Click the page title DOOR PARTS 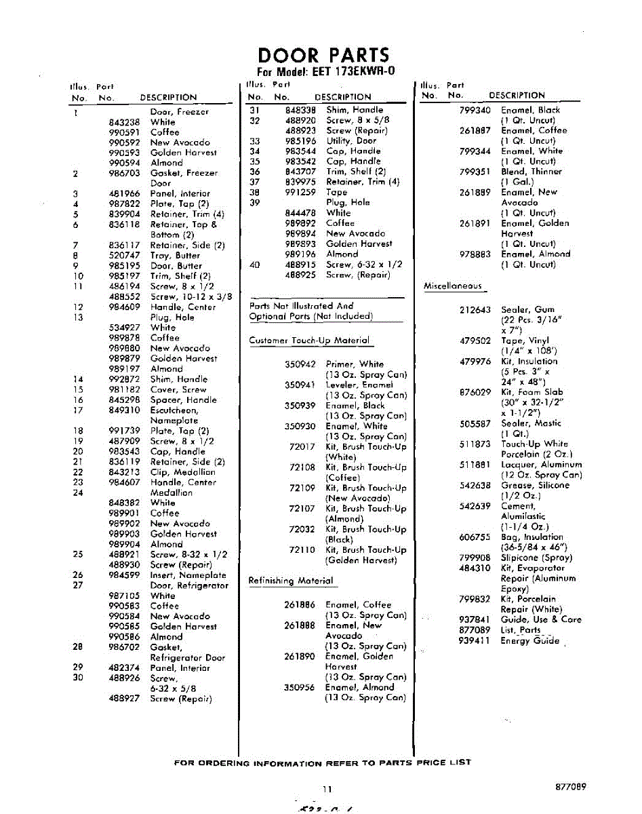324,55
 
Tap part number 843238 124,122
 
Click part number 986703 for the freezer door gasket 124,174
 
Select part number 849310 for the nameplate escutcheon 124,410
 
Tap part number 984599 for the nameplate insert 124,575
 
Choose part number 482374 124,668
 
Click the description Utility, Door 351,140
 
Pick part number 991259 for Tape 300,192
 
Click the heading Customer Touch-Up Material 309,341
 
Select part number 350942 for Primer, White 300,364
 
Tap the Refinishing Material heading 291,581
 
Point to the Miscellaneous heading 453,286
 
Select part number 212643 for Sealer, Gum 475,310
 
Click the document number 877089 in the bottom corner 569,787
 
